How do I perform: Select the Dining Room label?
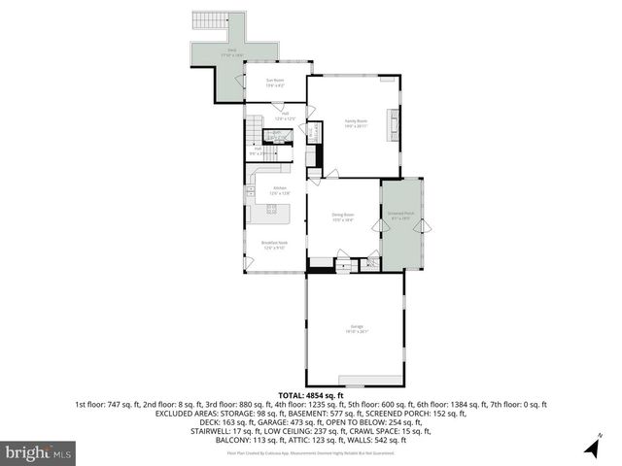(x=342, y=216)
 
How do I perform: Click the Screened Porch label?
(x=401, y=216)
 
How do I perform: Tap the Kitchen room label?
(x=280, y=189)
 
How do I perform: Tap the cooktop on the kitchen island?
(x=271, y=210)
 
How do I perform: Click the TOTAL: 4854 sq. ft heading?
(x=311, y=395)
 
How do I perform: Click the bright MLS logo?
(x=39, y=452)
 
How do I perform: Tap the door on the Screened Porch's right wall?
(x=420, y=227)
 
